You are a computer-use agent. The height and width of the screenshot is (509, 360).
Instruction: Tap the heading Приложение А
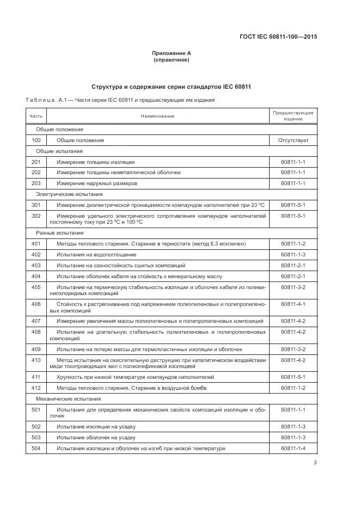172,53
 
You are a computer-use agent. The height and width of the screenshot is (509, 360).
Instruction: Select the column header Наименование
158,116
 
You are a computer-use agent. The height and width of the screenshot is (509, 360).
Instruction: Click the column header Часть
36,116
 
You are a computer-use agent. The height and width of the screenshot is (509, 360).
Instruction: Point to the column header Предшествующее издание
293,115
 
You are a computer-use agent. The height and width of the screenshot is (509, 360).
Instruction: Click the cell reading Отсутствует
293,140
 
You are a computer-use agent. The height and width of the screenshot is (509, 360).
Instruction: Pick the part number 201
36,162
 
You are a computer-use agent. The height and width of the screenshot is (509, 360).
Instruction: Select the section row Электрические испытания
69,194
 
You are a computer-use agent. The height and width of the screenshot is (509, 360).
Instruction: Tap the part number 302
36,216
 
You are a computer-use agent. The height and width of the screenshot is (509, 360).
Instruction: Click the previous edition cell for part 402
293,255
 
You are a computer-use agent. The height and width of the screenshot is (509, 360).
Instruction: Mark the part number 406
36,304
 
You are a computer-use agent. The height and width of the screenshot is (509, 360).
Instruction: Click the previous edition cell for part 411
293,377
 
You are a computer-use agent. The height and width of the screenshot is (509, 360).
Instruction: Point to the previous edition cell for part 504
293,448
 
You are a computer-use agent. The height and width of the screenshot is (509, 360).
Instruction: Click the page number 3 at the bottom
315,463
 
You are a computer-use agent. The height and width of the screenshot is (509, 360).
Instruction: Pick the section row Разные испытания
60,233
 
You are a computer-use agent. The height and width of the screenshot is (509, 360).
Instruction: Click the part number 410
36,360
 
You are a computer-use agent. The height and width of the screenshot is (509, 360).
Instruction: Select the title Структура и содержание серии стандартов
171,87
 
